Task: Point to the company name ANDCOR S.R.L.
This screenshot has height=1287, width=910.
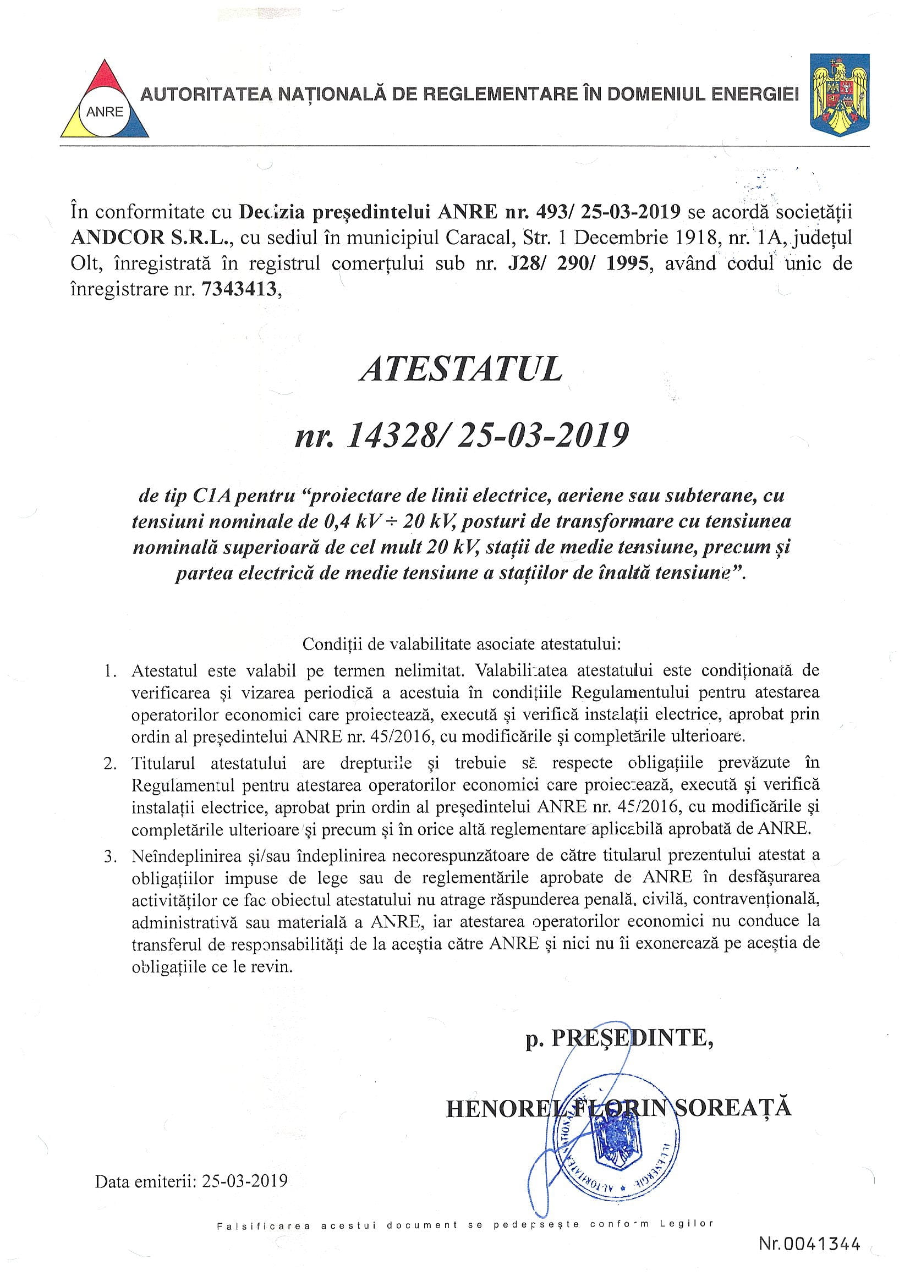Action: pyautogui.click(x=147, y=238)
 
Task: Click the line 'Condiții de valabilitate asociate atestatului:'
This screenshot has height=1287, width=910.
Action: pyautogui.click(x=462, y=643)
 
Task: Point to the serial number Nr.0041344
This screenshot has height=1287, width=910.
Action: pyautogui.click(x=809, y=1259)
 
